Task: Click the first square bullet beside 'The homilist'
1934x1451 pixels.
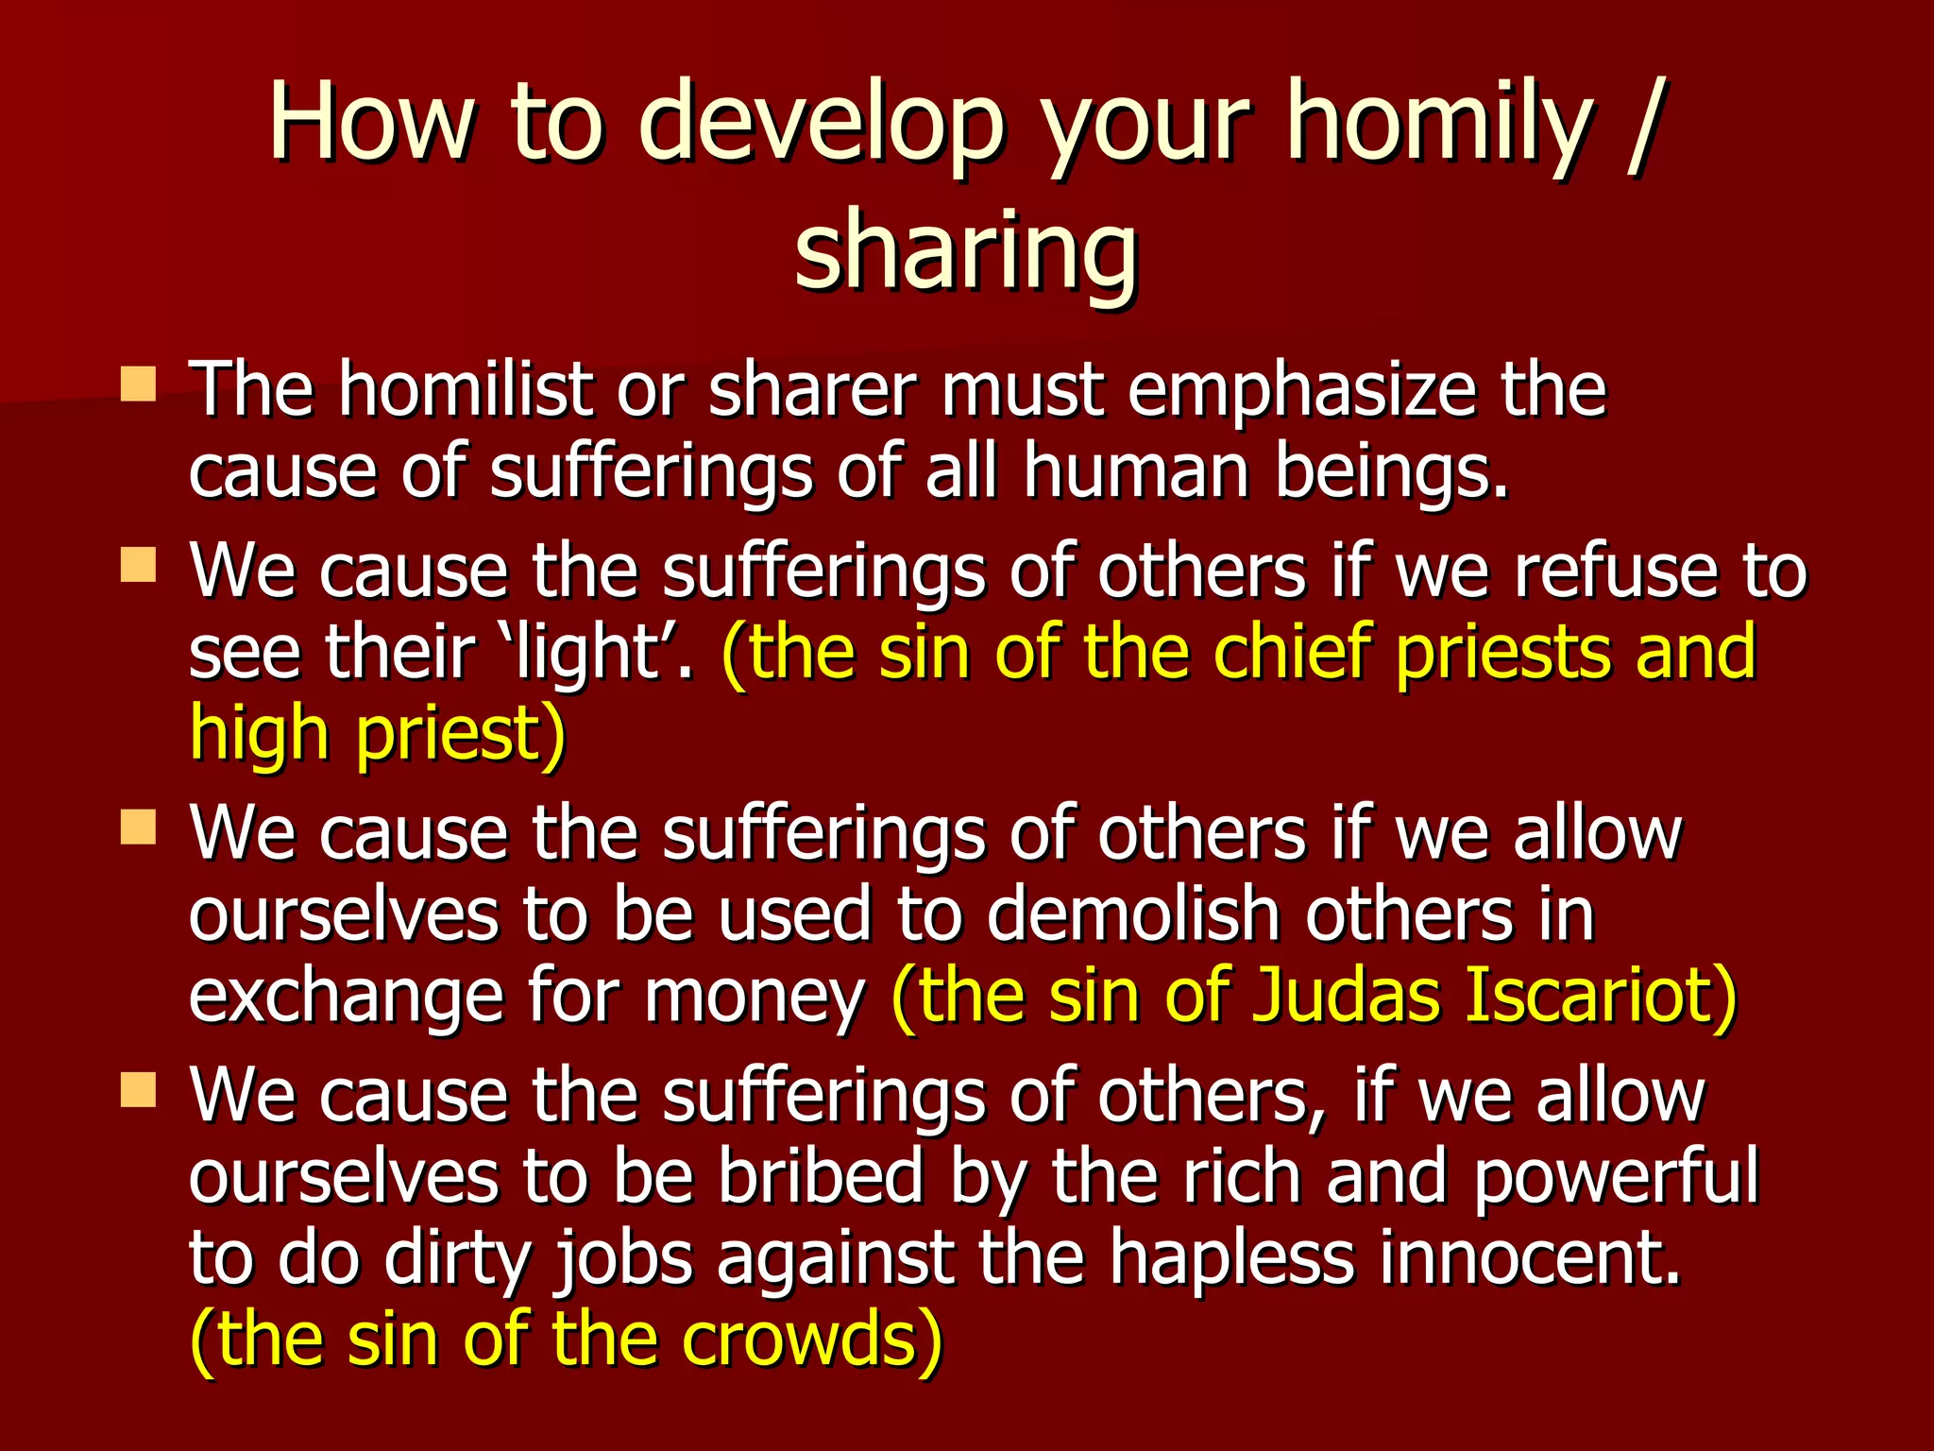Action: pyautogui.click(x=138, y=384)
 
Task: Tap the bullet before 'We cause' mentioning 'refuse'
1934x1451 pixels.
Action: pyautogui.click(x=138, y=566)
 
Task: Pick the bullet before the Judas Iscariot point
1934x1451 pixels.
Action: pyautogui.click(x=138, y=828)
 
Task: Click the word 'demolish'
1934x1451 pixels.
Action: pyautogui.click(x=1133, y=914)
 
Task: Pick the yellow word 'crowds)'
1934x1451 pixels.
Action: pyautogui.click(x=811, y=1340)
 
